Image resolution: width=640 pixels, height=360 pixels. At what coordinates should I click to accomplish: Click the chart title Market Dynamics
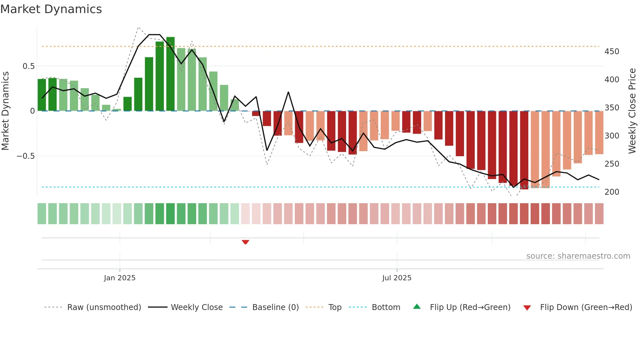click(51, 9)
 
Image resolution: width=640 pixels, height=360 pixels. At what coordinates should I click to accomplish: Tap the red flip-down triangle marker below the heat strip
click(246, 242)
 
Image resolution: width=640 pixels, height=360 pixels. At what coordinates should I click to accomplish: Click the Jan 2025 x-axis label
click(120, 278)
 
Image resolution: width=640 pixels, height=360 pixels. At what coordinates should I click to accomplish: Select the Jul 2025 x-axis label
click(397, 278)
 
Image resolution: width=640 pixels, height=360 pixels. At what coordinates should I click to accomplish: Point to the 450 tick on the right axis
click(612, 52)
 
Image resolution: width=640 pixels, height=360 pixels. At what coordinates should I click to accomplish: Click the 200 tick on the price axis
click(612, 192)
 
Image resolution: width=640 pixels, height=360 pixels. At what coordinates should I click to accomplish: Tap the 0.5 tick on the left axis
click(29, 66)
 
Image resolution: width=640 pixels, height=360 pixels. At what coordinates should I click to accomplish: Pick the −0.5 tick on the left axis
click(26, 156)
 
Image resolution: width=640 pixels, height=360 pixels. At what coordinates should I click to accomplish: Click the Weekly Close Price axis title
click(632, 111)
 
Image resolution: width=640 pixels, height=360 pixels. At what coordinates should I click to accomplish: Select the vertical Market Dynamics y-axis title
click(6, 111)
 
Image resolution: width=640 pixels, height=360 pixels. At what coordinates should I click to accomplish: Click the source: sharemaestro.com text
click(578, 256)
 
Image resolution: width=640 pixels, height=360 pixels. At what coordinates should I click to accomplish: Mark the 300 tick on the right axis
click(612, 136)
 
